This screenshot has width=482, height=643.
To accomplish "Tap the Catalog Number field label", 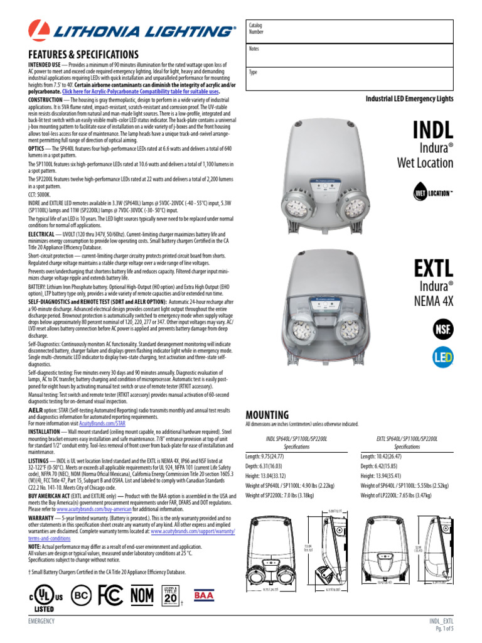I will click(257, 28).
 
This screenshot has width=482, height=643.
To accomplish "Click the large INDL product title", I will click(432, 130).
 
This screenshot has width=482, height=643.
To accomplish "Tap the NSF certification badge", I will click(443, 328).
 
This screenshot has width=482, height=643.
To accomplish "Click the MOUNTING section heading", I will click(267, 415).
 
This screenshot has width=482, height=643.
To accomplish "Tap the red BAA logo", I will click(205, 593).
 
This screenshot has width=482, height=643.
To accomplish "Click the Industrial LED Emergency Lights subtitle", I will click(409, 99).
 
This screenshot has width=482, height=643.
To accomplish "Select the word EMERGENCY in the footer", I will click(41, 621).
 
